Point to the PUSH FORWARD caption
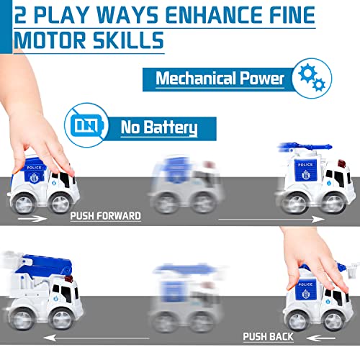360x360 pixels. click(x=105, y=215)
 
